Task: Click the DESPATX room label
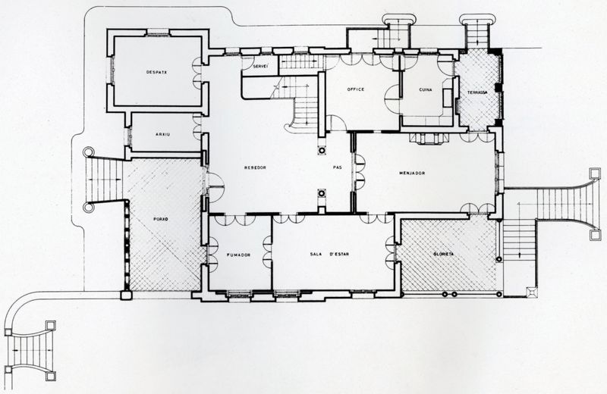click(157, 72)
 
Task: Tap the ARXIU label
click(162, 133)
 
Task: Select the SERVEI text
click(259, 66)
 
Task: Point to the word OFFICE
click(356, 89)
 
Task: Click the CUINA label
click(426, 90)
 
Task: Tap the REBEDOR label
click(254, 167)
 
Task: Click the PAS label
click(338, 167)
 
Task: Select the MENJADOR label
click(411, 173)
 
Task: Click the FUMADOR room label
click(238, 255)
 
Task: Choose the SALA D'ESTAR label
click(328, 255)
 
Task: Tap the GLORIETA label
click(444, 254)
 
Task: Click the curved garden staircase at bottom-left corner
click(29, 345)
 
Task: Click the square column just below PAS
click(321, 193)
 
